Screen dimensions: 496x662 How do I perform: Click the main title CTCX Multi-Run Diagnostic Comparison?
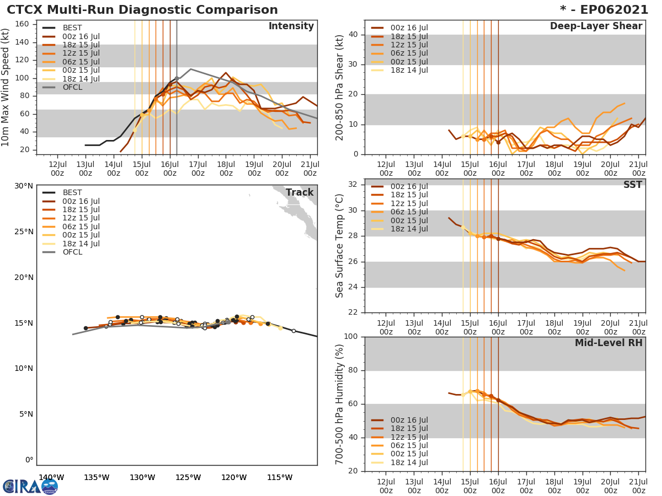coord(142,10)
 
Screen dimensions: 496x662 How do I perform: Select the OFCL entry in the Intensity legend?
coord(72,87)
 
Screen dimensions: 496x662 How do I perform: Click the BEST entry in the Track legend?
coord(72,193)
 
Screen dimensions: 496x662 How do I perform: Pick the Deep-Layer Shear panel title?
coord(596,26)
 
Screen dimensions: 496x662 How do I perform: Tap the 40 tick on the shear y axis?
coord(353,35)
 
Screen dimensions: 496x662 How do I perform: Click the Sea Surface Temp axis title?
coord(340,245)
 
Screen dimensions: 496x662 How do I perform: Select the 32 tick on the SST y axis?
coord(353,185)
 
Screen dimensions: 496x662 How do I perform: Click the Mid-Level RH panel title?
coord(608,343)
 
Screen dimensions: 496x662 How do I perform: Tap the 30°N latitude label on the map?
coord(23,186)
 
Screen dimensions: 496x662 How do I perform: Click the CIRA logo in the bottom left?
coord(30,486)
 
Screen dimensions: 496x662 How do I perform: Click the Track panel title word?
coord(299,192)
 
